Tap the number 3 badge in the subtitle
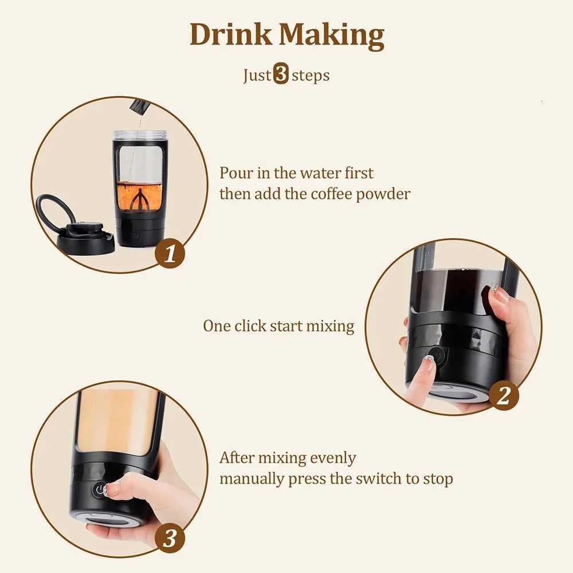(x=281, y=75)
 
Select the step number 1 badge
(x=170, y=253)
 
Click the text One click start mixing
(x=278, y=326)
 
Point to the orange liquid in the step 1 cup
(x=139, y=192)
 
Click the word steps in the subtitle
(x=311, y=75)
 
